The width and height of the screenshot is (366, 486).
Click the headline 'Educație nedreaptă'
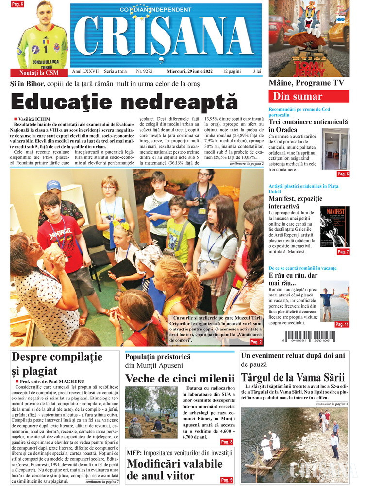point(124,102)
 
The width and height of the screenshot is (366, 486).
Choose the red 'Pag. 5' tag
point(343,174)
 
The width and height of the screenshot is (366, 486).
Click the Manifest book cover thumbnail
point(335,227)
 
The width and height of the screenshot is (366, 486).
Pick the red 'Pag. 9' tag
point(227,480)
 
